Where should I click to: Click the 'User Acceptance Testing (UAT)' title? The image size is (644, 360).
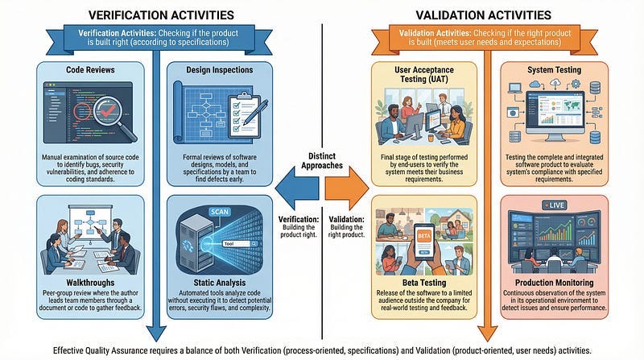point(423,75)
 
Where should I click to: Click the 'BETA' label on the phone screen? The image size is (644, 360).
point(423,234)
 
